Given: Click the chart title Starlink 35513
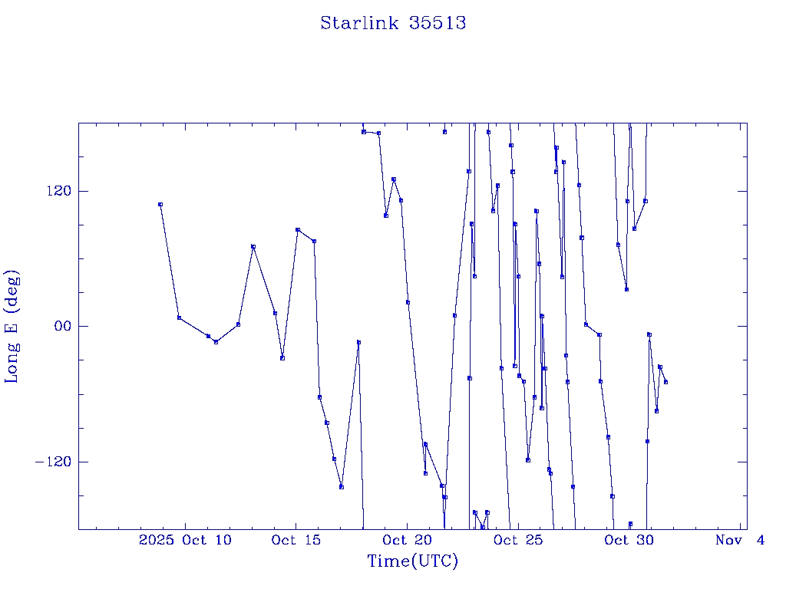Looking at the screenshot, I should (x=393, y=23).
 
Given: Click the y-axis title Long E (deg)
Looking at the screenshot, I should (x=12, y=326).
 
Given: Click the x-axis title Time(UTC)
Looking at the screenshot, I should (x=412, y=561).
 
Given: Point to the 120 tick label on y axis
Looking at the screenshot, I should (x=51, y=191).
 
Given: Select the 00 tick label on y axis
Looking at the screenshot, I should (x=58, y=326).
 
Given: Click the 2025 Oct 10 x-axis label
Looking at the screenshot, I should (x=185, y=541).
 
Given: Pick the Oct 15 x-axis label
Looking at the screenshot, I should (x=296, y=541).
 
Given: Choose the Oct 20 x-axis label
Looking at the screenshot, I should (x=408, y=541).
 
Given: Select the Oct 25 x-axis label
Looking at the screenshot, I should (x=519, y=541).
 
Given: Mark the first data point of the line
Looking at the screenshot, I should (x=160, y=204).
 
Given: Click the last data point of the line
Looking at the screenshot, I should (x=665, y=382).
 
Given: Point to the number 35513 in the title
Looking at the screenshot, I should (x=438, y=23).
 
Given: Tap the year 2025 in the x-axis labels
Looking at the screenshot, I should (x=157, y=541).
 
